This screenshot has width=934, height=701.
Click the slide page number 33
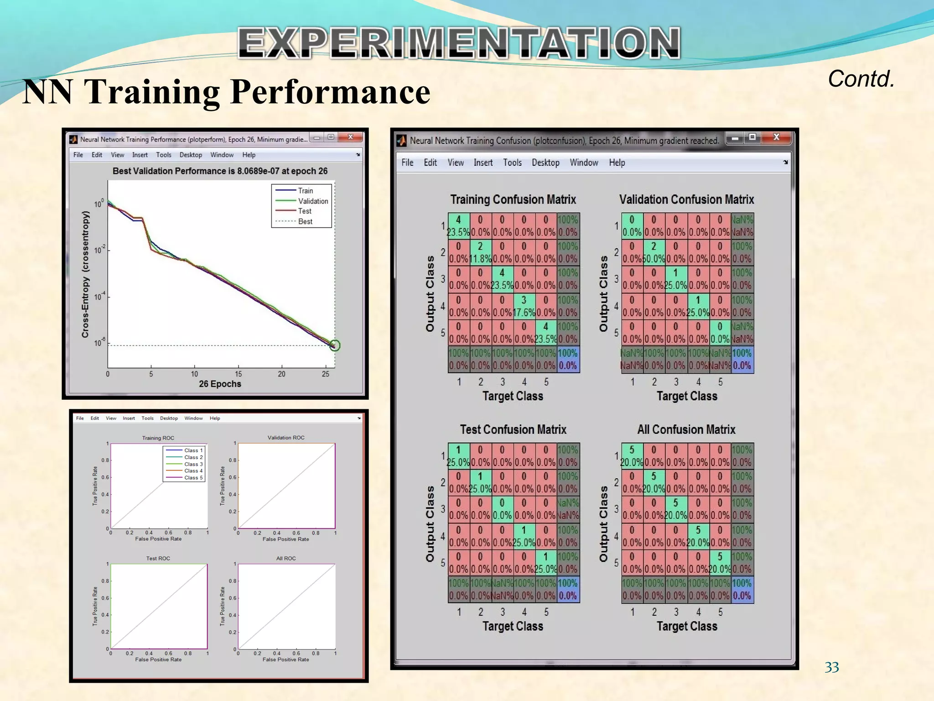831,667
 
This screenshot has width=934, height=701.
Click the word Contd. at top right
861,79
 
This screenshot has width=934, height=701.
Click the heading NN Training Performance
226,92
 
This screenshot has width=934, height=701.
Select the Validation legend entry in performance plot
312,201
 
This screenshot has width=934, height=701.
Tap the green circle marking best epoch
335,345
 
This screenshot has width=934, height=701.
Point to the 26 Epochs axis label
220,384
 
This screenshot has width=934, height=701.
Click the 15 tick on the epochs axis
238,374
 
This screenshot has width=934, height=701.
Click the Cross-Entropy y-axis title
85,274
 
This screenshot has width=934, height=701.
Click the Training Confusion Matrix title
513,199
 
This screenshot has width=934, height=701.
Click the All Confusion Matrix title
686,429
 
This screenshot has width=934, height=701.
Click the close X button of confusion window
776,137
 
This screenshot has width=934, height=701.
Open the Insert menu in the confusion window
483,162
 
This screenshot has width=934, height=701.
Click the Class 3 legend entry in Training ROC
193,464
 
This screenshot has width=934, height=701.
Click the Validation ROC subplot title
285,438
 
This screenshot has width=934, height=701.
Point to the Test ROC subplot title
158,558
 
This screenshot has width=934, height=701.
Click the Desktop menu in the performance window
191,155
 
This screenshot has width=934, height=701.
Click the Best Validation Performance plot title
220,171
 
